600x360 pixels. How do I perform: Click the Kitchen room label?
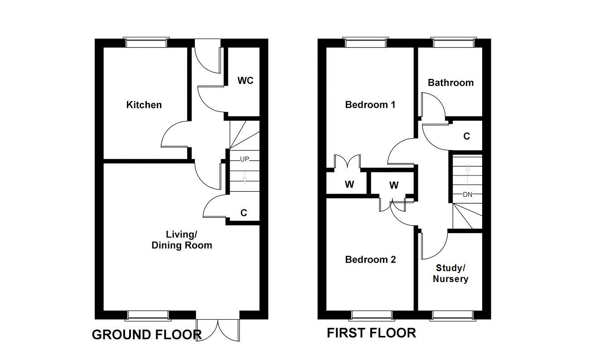click(x=144, y=105)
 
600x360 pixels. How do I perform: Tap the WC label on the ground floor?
click(x=246, y=81)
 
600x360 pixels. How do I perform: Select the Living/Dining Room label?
click(x=182, y=240)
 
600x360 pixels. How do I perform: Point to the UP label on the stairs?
click(x=245, y=159)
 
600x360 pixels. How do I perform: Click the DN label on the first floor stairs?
click(x=468, y=195)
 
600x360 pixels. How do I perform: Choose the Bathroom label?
click(x=450, y=83)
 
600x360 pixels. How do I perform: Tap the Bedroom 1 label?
click(x=370, y=105)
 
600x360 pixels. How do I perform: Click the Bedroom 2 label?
click(x=370, y=260)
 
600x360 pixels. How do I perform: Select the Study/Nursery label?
click(x=450, y=273)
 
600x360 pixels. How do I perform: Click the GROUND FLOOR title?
click(x=146, y=335)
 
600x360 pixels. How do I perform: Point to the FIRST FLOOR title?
click(x=371, y=333)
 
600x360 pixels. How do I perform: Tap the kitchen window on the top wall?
click(x=147, y=43)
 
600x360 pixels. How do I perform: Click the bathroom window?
click(x=453, y=43)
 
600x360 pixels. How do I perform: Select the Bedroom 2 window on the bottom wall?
click(x=372, y=315)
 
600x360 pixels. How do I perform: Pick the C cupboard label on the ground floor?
click(x=244, y=213)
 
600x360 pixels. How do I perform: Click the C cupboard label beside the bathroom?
click(x=466, y=136)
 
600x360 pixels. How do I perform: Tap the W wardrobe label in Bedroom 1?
click(x=349, y=185)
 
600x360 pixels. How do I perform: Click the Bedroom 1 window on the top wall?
click(x=366, y=43)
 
